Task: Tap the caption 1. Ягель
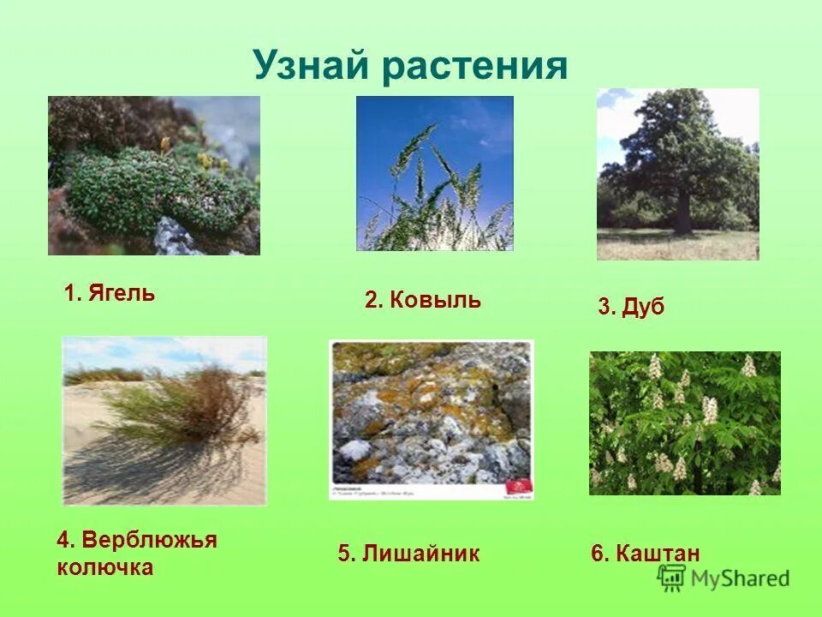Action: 110,294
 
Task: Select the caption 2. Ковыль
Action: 423,300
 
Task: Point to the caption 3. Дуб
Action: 631,308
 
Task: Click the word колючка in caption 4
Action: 105,566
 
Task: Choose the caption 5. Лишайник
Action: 408,554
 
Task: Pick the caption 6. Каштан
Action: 646,554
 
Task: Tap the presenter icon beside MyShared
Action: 672,578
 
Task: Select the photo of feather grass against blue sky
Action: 434,173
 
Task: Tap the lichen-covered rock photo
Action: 431,411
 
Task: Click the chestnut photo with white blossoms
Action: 684,423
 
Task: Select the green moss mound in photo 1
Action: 146,189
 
